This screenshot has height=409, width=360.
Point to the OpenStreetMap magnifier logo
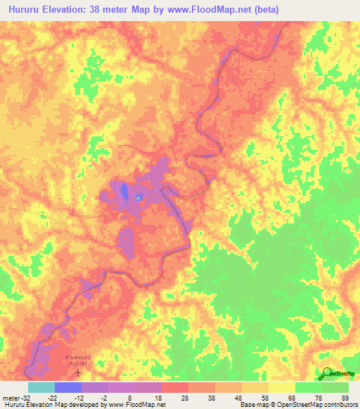coord(328,374)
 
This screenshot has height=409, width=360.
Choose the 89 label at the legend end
coord(345,398)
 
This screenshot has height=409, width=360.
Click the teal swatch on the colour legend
coord(41,387)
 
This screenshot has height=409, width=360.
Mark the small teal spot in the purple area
coord(139,197)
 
